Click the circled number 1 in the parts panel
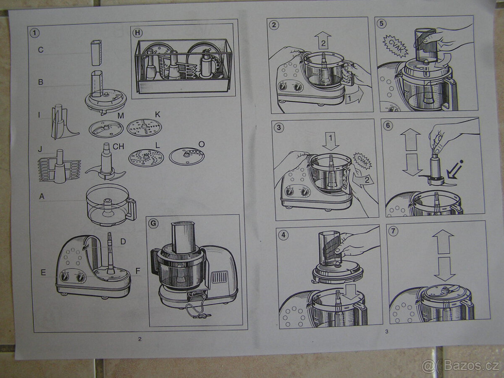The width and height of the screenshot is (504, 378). (x=34, y=33)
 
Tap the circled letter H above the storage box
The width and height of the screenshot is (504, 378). (x=137, y=33)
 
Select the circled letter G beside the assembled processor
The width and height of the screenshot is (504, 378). (x=153, y=223)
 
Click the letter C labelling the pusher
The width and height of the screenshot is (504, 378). (x=41, y=50)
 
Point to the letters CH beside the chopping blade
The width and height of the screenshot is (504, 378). (x=118, y=147)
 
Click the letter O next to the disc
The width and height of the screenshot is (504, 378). (x=201, y=144)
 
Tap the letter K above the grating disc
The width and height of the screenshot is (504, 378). (x=157, y=115)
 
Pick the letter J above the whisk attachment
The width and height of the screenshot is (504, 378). (x=40, y=149)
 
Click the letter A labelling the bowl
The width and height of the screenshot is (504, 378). (x=42, y=196)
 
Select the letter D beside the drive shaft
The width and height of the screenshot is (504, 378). (x=123, y=241)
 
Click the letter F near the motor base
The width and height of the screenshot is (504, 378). (x=137, y=271)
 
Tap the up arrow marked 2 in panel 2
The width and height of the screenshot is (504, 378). (x=323, y=40)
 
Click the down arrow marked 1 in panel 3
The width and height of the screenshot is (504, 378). (x=331, y=141)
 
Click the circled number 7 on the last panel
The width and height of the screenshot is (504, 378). (x=393, y=231)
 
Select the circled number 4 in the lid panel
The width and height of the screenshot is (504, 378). (x=284, y=235)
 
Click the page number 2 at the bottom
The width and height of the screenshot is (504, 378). (x=140, y=339)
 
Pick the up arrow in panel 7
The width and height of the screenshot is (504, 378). (x=443, y=241)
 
